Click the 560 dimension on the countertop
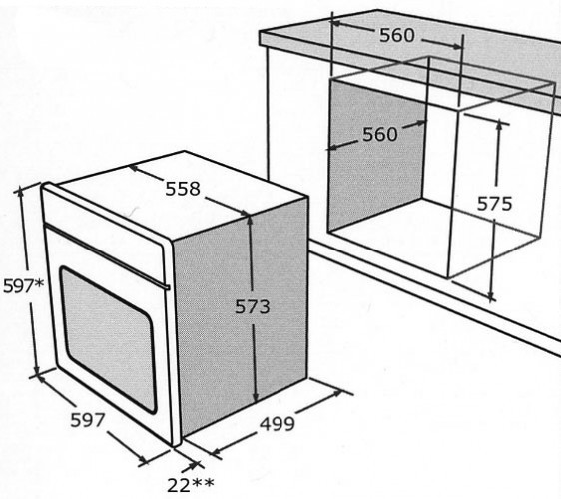coord(396,35)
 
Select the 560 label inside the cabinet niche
coord(380,134)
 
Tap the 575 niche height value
coord(494,204)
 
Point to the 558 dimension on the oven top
coord(182,189)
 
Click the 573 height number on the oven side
coord(252,306)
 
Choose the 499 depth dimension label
coord(278,424)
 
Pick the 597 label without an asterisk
coord(87,420)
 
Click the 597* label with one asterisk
coord(24,286)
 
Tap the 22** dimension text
coord(191,485)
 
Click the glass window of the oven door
coord(108,339)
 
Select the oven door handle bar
coord(107,255)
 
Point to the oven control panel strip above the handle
coord(104,223)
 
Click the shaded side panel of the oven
coord(241,314)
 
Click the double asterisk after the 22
coord(203,483)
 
